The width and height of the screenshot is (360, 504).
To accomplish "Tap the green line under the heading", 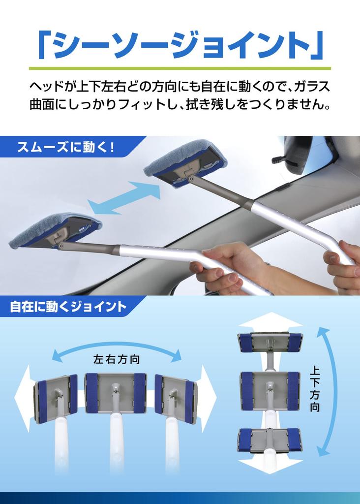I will click(x=180, y=68).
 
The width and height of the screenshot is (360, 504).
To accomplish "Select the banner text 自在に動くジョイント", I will click(x=68, y=308).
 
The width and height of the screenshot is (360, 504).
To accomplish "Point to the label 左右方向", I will click(x=117, y=360).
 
